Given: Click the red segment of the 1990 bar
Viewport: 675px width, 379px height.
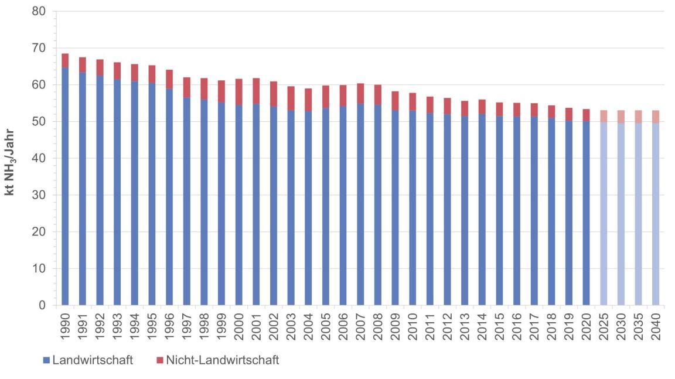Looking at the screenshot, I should [64, 60].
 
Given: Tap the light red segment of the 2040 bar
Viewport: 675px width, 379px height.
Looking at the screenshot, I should [656, 116].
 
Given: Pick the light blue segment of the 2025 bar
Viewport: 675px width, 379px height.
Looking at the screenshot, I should [604, 214].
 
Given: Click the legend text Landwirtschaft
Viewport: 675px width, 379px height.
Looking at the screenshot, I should [93, 360].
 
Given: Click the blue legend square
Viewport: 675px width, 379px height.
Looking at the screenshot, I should [47, 361].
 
